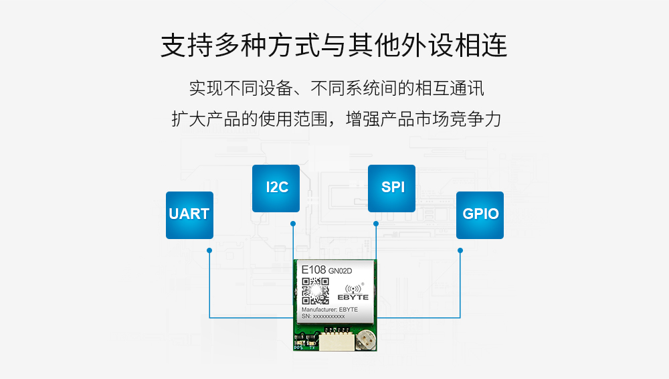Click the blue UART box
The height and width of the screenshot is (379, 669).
tap(189, 215)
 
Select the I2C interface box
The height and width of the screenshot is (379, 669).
tap(276, 188)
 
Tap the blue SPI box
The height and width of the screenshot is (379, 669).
tap(392, 188)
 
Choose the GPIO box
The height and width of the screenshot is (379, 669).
tap(480, 215)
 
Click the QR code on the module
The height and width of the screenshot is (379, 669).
tap(315, 291)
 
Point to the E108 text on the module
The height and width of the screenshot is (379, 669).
tap(314, 270)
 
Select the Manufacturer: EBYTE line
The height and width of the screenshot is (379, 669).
tap(329, 309)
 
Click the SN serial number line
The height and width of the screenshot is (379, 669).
tap(323, 316)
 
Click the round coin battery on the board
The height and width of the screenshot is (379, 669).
tap(365, 340)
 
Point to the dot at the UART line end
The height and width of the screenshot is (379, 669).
tap(209, 250)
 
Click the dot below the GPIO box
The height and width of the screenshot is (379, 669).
tap(460, 250)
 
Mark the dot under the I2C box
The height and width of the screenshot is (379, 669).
tap(292, 223)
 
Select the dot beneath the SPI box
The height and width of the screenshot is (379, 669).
tap(376, 223)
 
